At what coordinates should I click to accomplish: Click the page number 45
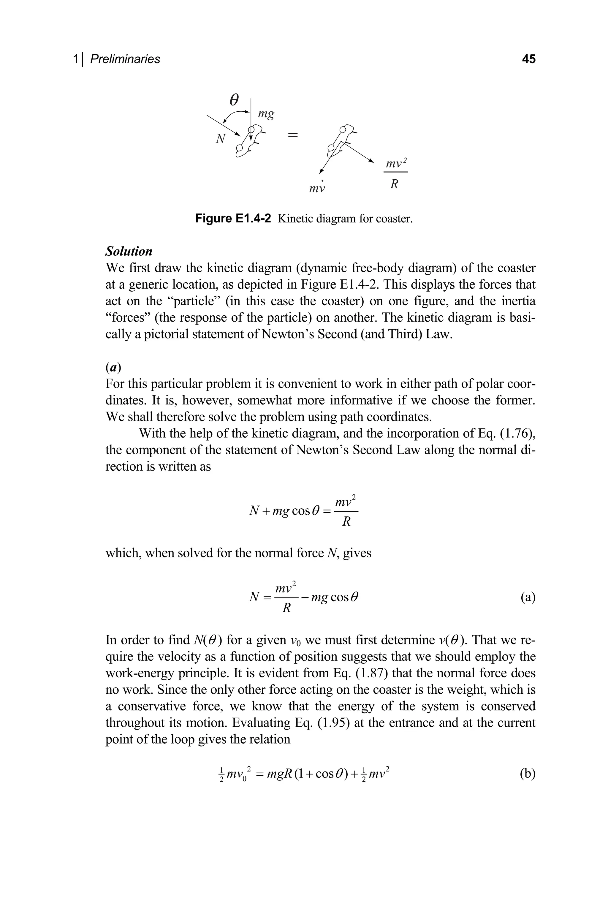point(528,59)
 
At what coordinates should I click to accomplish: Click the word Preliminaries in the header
point(125,59)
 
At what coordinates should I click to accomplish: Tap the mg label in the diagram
point(266,114)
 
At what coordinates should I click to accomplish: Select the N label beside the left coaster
point(220,138)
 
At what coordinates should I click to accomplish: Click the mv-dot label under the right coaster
point(316,188)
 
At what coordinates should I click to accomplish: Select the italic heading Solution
point(129,251)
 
